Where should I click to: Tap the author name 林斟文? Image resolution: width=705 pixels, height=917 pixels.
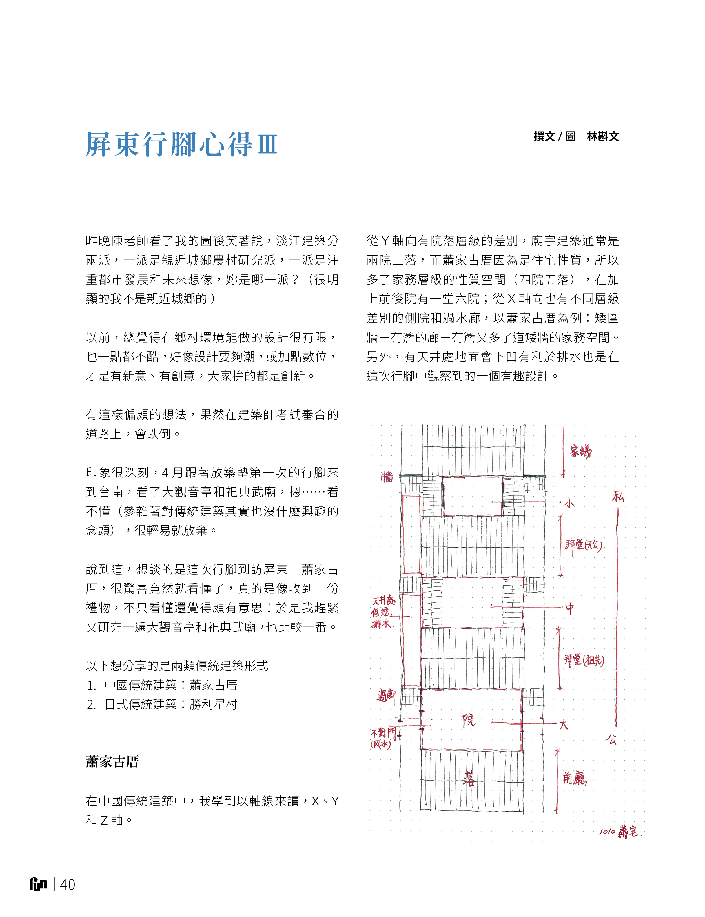(x=603, y=136)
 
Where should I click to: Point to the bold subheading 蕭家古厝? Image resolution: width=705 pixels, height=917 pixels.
(x=112, y=761)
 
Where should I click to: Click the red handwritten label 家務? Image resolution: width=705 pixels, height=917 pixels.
(x=580, y=452)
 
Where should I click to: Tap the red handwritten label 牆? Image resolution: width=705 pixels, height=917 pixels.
(x=387, y=477)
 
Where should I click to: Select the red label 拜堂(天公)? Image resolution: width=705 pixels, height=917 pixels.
(x=583, y=545)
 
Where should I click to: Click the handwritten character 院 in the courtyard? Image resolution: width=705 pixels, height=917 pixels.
(x=469, y=720)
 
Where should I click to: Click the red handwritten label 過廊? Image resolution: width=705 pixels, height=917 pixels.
(x=386, y=696)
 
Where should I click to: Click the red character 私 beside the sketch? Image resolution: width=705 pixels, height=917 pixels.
(x=618, y=497)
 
